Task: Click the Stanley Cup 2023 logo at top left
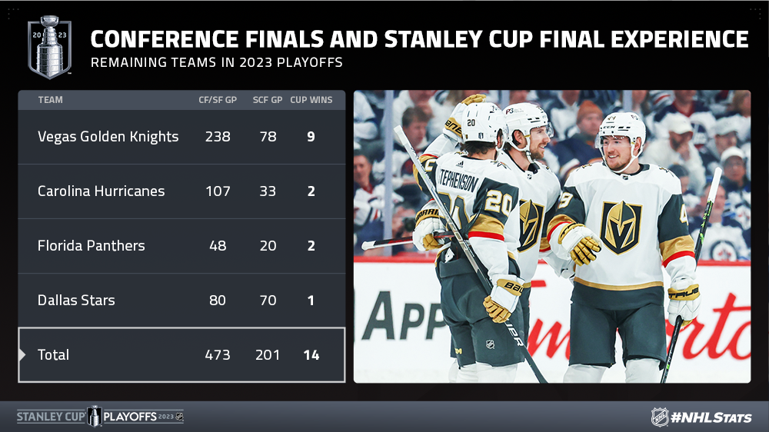pyautogui.click(x=49, y=47)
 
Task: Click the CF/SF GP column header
pyautogui.click(x=218, y=100)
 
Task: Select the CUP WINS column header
pyautogui.click(x=311, y=100)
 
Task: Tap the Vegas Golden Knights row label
pyautogui.click(x=108, y=137)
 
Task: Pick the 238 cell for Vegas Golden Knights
pyautogui.click(x=218, y=137)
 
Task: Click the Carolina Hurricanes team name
pyautogui.click(x=101, y=191)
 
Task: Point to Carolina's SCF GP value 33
pyautogui.click(x=268, y=191)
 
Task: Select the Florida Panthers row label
pyautogui.click(x=92, y=246)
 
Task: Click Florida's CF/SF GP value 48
pyautogui.click(x=218, y=246)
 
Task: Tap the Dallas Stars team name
pyautogui.click(x=76, y=300)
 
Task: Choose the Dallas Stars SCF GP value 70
pyautogui.click(x=268, y=300)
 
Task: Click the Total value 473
pyautogui.click(x=218, y=355)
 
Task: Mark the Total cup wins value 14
pyautogui.click(x=311, y=355)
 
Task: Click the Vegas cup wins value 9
pyautogui.click(x=311, y=137)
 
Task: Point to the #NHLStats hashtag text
pyautogui.click(x=711, y=418)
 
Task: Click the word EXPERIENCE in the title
pyautogui.click(x=680, y=39)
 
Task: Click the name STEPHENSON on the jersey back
pyautogui.click(x=458, y=181)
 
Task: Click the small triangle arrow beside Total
pyautogui.click(x=22, y=354)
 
